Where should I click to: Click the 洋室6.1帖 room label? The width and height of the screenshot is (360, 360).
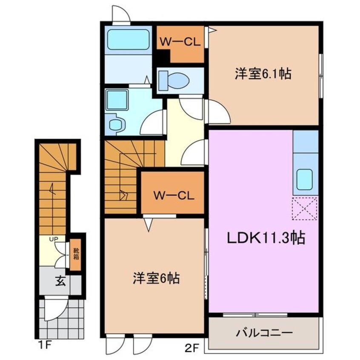263,74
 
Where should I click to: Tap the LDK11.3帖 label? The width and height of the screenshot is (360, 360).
262,238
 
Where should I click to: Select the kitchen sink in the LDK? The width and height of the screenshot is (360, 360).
305,179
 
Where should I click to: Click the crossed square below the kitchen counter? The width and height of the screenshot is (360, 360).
305,209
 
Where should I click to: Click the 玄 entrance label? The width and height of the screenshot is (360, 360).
60,282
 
